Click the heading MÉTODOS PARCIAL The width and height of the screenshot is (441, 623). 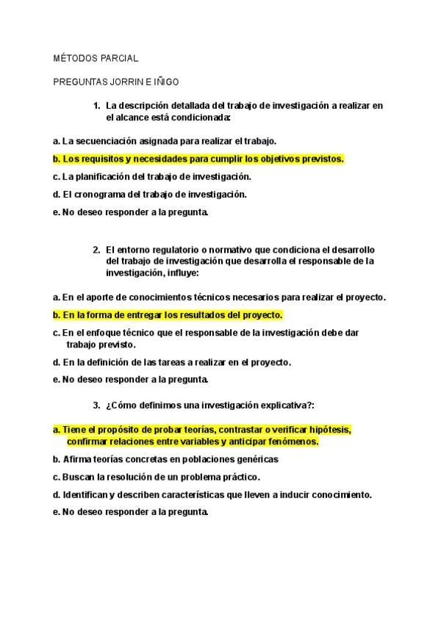point(96,58)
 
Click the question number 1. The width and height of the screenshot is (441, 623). point(96,106)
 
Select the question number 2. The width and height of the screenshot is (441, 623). point(96,249)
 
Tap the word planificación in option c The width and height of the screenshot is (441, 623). point(106,176)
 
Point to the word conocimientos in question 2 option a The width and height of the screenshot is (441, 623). point(183,297)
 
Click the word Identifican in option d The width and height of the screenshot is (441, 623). point(87,495)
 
